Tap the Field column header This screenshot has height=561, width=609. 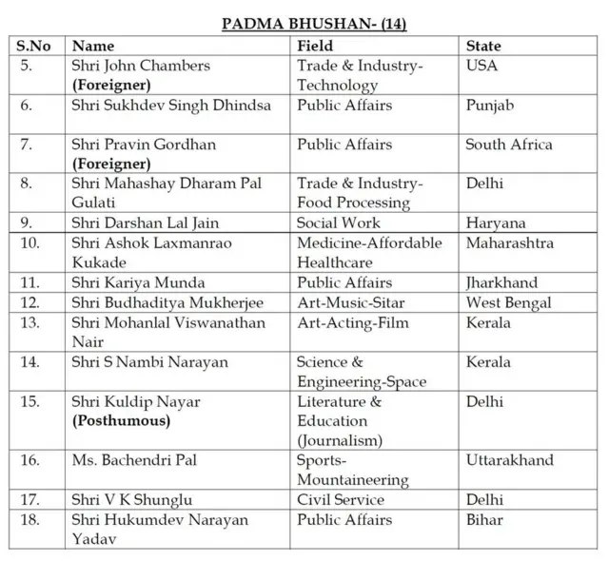(315, 46)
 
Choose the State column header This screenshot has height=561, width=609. (483, 46)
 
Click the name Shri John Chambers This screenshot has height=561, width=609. (141, 66)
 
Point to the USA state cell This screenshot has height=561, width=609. (481, 66)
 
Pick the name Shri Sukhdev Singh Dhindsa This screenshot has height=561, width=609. (171, 106)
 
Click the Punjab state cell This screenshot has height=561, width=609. (489, 106)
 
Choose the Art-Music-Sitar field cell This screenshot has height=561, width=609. (354, 302)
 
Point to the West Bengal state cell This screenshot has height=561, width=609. (508, 302)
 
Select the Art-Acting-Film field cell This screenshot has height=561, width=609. (352, 322)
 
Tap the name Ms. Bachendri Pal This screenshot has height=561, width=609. (134, 460)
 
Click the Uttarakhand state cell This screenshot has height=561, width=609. (509, 460)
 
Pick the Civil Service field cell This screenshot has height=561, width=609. (341, 500)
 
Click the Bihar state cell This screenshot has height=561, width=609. (484, 520)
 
